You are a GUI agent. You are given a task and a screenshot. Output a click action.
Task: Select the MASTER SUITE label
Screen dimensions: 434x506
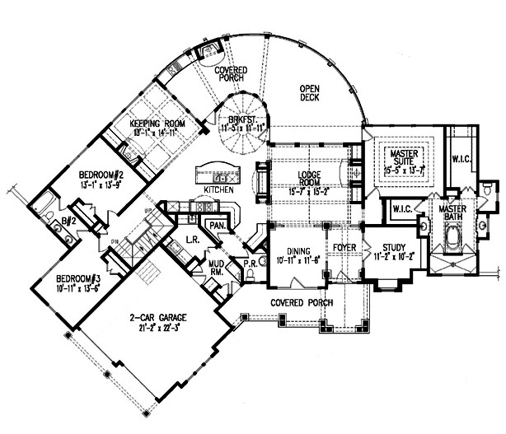[x=405, y=155]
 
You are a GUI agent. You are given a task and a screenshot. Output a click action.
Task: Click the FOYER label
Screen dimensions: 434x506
[x=343, y=245]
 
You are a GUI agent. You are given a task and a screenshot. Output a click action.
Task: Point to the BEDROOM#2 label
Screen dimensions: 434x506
[x=101, y=175]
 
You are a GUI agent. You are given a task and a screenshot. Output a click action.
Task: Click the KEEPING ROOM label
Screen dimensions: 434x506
[x=155, y=124]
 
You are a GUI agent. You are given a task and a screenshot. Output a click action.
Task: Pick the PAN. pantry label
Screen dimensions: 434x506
[x=218, y=225]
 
